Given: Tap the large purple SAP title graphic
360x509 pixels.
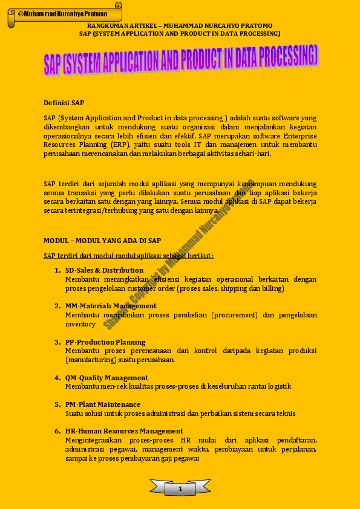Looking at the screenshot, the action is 180,62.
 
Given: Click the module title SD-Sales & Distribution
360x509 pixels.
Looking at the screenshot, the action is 104,270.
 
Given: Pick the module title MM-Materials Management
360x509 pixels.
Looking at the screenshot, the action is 111,306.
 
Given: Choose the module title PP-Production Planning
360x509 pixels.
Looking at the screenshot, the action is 105,342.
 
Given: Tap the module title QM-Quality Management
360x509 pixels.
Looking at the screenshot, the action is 106,378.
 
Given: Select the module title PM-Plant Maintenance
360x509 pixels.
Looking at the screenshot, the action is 103,404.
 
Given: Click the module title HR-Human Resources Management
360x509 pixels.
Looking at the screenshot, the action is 124,431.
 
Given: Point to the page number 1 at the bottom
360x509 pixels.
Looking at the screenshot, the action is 180,488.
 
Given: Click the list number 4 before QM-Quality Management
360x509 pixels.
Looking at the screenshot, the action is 57,378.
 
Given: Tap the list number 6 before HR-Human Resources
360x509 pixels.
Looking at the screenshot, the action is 57,431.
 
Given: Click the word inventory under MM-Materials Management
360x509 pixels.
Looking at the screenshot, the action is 80,324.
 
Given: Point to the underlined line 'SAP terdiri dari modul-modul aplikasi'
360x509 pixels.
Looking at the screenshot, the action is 128,256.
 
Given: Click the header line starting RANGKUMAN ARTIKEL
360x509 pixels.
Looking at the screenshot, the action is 180,26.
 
